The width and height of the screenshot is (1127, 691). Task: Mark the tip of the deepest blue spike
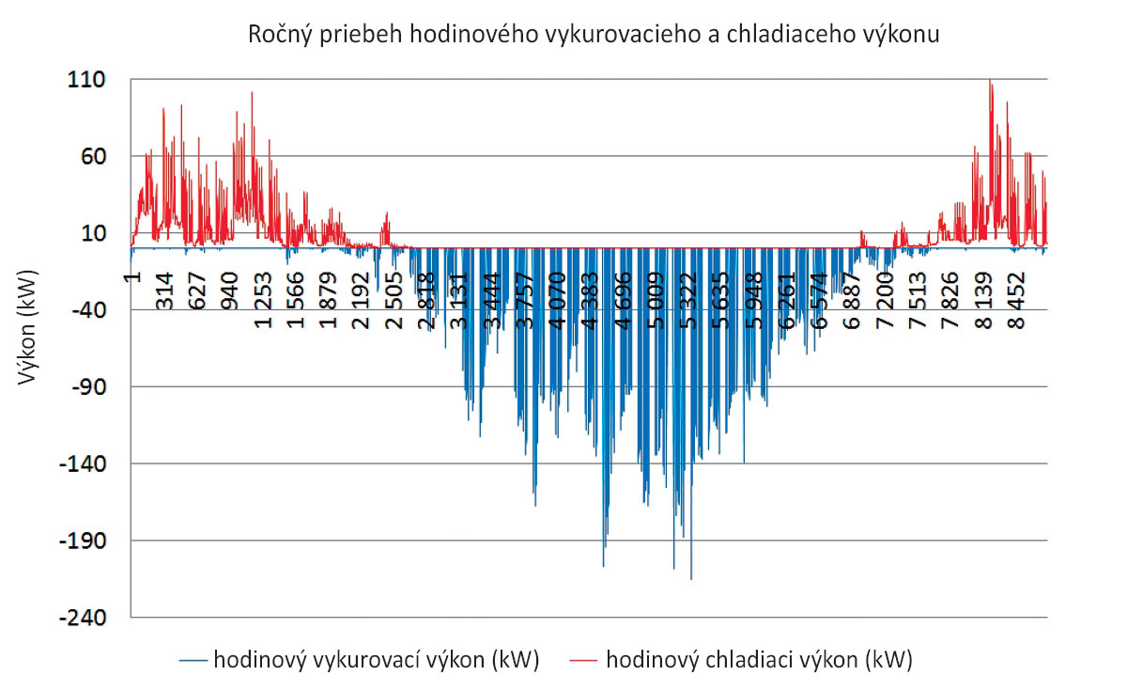pyautogui.click(x=691, y=579)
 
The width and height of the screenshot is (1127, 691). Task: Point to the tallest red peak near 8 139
pyautogui.click(x=990, y=81)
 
